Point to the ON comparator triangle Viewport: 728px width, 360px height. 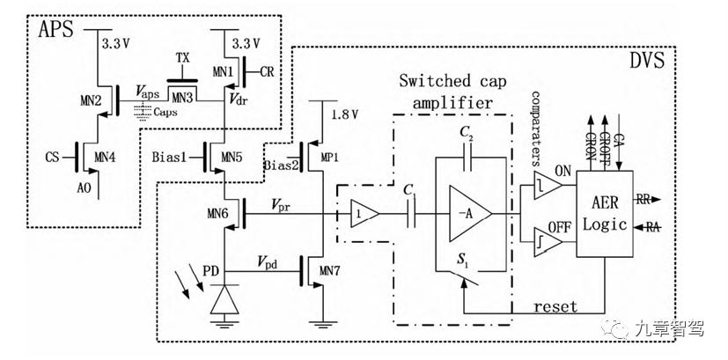547,183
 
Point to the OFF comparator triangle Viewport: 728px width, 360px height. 547,239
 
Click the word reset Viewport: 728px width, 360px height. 556,306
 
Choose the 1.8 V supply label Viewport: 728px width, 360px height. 346,114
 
